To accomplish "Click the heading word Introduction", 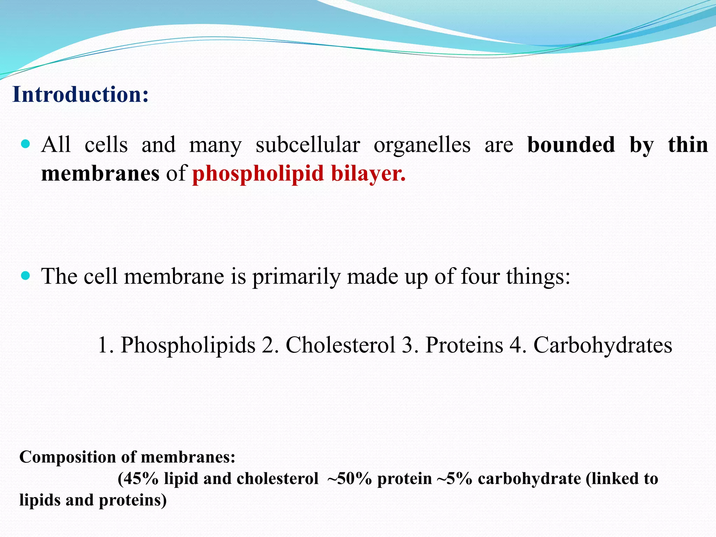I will (x=80, y=94).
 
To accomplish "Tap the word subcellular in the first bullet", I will (x=308, y=145).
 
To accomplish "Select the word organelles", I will (x=422, y=145).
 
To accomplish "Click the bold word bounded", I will (x=571, y=145).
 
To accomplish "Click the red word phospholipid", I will (x=258, y=174).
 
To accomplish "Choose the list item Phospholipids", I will (x=188, y=345).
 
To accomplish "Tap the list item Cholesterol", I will (x=341, y=345).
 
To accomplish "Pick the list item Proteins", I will (x=464, y=345).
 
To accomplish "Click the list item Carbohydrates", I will (x=602, y=345).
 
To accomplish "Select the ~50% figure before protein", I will (x=349, y=479).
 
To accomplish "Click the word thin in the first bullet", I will (x=688, y=145).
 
